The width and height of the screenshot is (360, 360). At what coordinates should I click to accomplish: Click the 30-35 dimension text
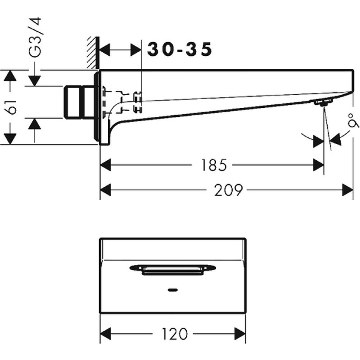click(179, 50)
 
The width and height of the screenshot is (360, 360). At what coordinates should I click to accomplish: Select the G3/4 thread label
click(35, 37)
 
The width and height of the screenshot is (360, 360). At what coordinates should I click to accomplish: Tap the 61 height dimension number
click(11, 107)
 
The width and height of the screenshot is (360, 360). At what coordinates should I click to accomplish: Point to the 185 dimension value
click(213, 165)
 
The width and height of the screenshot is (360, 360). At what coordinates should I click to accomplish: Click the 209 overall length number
click(228, 190)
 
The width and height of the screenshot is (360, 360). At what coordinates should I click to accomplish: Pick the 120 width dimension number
click(175, 333)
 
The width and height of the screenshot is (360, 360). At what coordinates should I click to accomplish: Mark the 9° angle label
click(353, 121)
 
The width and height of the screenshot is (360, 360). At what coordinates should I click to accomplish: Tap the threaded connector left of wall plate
click(79, 102)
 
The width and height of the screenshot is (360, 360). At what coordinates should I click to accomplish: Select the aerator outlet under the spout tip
click(324, 102)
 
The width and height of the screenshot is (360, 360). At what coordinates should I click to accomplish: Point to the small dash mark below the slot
click(173, 290)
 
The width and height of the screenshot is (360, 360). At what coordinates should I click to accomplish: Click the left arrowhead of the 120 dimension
click(106, 333)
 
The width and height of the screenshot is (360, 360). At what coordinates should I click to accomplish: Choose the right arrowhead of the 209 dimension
click(347, 190)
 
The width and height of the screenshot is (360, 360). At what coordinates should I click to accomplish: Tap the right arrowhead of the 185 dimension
click(318, 165)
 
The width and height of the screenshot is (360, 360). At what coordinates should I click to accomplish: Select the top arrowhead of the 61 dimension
click(10, 75)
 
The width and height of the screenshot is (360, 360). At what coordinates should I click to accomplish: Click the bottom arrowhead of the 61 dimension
click(10, 139)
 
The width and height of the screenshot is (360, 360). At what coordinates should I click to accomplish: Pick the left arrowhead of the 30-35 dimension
click(105, 50)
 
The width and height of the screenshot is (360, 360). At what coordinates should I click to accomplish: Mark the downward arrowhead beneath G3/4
click(34, 81)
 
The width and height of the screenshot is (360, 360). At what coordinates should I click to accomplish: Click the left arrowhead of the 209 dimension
click(106, 190)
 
